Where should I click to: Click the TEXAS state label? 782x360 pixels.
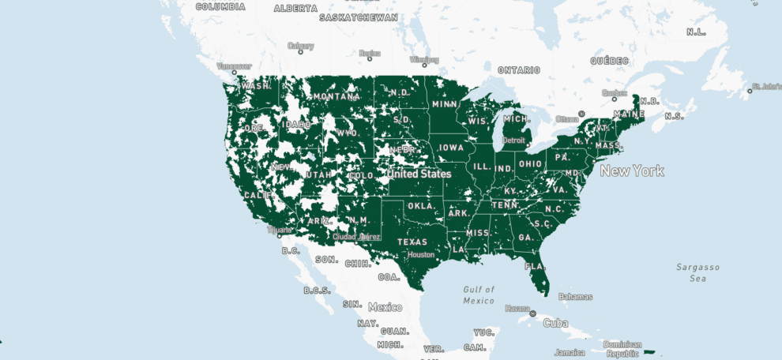tap(412, 242)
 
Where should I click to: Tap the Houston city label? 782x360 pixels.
tap(421, 254)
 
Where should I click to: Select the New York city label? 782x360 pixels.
tap(632, 171)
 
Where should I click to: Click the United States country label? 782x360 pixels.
tap(419, 174)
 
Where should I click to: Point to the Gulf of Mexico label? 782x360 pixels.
tap(479, 294)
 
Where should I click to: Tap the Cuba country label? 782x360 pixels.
tap(555, 323)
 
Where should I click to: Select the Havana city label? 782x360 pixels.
tap(517, 308)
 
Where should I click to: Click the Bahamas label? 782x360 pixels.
tap(574, 297)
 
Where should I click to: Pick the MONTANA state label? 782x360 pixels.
tap(335, 96)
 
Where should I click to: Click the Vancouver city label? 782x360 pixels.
tap(234, 66)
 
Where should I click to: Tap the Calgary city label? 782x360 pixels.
tap(301, 46)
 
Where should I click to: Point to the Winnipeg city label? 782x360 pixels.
tap(424, 60)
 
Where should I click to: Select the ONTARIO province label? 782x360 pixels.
tap(518, 70)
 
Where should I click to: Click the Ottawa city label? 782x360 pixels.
tap(567, 119)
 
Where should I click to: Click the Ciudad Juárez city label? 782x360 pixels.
tap(356, 236)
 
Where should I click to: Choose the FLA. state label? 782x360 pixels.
tap(536, 266)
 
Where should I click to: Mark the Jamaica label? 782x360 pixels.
tap(570, 352)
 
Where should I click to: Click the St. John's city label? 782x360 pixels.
tap(765, 85)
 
